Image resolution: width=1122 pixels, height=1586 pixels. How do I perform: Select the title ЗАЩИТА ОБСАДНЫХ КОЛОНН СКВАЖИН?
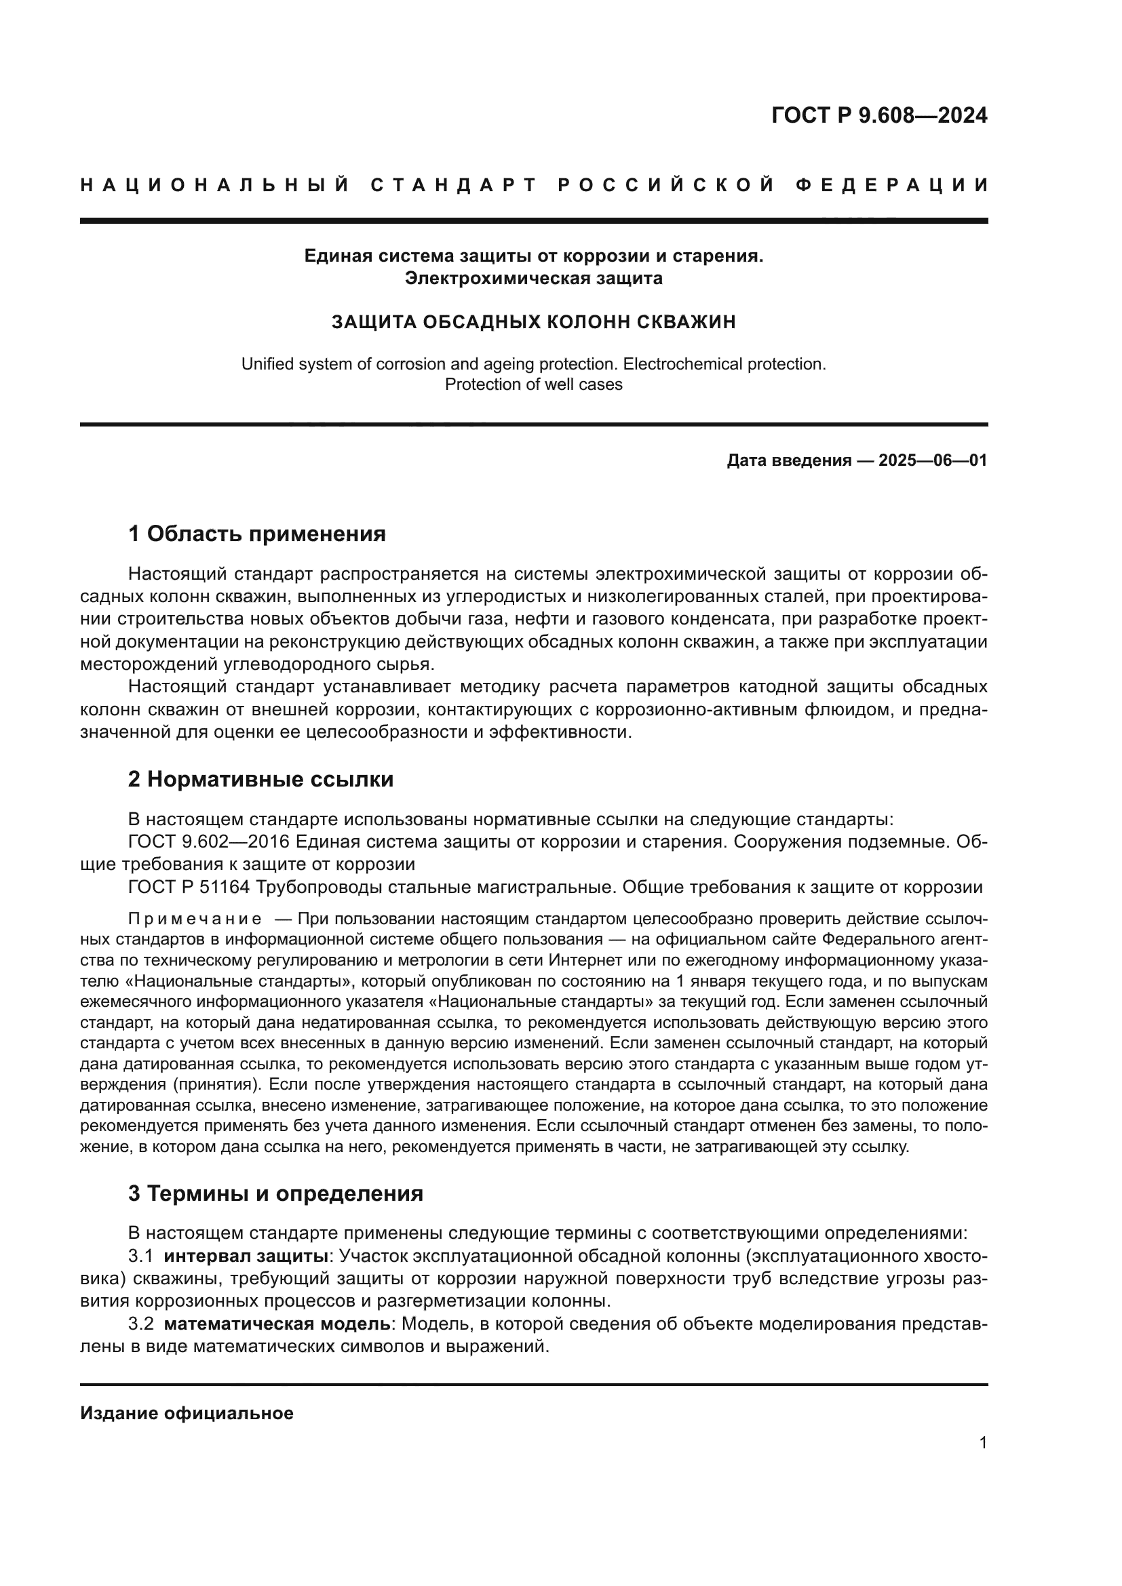pyautogui.click(x=533, y=322)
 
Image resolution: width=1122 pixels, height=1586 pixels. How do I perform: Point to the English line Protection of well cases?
pyautogui.click(x=533, y=384)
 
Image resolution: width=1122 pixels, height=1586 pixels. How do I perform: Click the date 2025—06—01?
pyautogui.click(x=933, y=460)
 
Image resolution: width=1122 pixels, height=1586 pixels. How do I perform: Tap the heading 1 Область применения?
pyautogui.click(x=256, y=534)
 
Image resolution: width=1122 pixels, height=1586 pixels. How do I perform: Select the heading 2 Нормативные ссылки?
pyautogui.click(x=260, y=779)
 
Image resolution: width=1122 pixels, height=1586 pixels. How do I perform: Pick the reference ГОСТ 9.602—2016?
pyautogui.click(x=207, y=842)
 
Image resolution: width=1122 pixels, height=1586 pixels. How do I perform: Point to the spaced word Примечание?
pyautogui.click(x=194, y=919)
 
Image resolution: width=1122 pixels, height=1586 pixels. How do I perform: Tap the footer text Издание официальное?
pyautogui.click(x=187, y=1413)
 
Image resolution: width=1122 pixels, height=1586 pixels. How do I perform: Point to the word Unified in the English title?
pyautogui.click(x=268, y=364)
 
